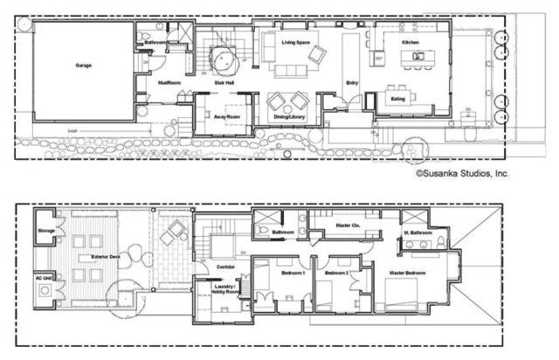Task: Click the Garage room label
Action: coord(84,66)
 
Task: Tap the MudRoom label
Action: coord(169,83)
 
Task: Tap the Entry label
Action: coord(352,83)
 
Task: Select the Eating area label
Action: coord(398,99)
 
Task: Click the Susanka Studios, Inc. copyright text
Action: coord(463,173)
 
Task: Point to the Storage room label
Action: coord(46,232)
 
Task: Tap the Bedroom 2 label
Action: coord(336,273)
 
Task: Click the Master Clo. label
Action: coord(349,227)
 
